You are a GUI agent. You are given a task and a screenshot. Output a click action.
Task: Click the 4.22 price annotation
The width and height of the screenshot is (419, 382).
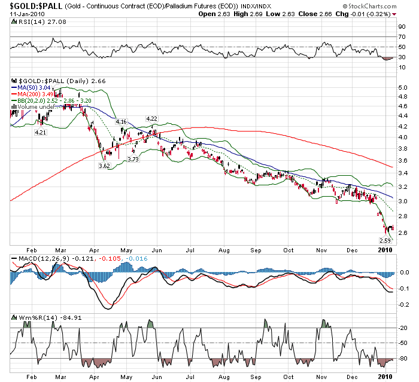tap(152, 118)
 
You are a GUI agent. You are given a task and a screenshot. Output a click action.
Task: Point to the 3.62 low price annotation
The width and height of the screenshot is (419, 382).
tap(105, 166)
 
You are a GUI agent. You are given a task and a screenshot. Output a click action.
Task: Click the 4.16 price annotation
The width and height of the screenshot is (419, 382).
tap(122, 122)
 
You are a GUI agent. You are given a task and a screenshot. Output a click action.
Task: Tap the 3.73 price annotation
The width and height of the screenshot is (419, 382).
tap(133, 159)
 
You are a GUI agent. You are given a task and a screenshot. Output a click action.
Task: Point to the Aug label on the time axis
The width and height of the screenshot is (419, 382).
tap(224, 250)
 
